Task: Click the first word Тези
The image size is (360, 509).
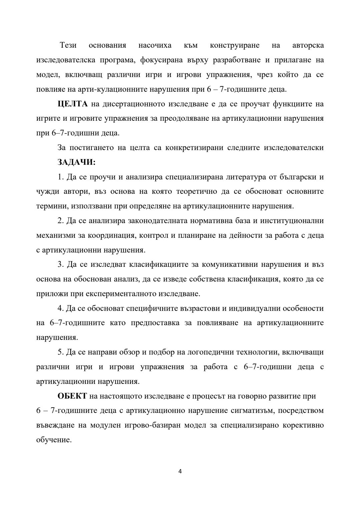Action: [x=68, y=45]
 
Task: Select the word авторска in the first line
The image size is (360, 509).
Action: [x=308, y=45]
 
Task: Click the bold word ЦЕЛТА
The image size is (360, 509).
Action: [x=72, y=104]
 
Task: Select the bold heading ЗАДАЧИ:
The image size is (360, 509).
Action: [x=76, y=162]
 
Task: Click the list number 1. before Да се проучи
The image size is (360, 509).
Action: [x=60, y=177]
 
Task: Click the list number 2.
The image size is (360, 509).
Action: [x=60, y=221]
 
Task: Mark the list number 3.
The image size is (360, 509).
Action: [x=60, y=265]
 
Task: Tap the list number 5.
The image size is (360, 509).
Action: [x=60, y=352]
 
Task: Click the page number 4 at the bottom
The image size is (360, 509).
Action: [x=180, y=472]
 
